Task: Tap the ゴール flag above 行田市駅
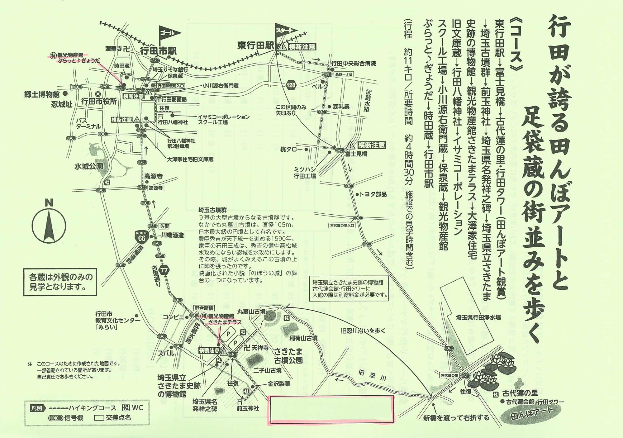[x=169, y=33]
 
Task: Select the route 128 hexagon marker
[x=292, y=85]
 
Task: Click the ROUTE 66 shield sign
[x=141, y=237]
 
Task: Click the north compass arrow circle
[x=49, y=227]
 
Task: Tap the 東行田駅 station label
[x=255, y=46]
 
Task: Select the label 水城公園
[x=88, y=166]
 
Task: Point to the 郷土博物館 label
[x=42, y=94]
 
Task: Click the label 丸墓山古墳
[x=251, y=311]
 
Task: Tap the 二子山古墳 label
[x=267, y=370]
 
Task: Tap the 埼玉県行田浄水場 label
[x=478, y=317]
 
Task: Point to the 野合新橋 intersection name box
[x=204, y=308]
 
